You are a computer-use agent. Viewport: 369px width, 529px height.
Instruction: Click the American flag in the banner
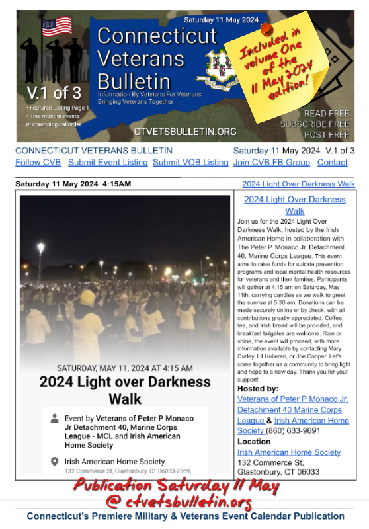tap(57, 27)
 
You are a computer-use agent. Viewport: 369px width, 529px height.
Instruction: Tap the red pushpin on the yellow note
tap(266, 29)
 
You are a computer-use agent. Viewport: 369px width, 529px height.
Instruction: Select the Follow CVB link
tap(38, 162)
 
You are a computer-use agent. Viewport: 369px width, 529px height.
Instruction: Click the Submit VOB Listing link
tap(190, 162)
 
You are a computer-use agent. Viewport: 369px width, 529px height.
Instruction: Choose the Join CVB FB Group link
tap(272, 162)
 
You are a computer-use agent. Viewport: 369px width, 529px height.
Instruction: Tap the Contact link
tap(332, 162)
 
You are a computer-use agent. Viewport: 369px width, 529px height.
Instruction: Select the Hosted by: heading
tap(257, 389)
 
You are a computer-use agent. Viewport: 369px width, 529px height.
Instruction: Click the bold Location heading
tap(254, 441)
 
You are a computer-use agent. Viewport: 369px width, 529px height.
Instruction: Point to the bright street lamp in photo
tap(40, 247)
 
